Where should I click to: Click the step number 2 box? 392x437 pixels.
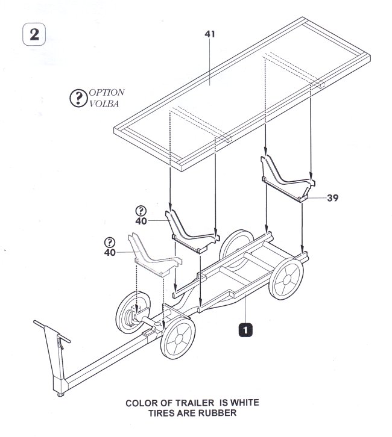point(34,34)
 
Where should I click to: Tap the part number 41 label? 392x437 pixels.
point(210,35)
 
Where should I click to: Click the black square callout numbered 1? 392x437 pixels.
point(245,329)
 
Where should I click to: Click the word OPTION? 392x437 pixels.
point(106,92)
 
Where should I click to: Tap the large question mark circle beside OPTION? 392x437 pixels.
point(79,98)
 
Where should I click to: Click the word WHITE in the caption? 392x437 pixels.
point(247,403)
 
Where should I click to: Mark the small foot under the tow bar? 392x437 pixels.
point(62,394)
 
